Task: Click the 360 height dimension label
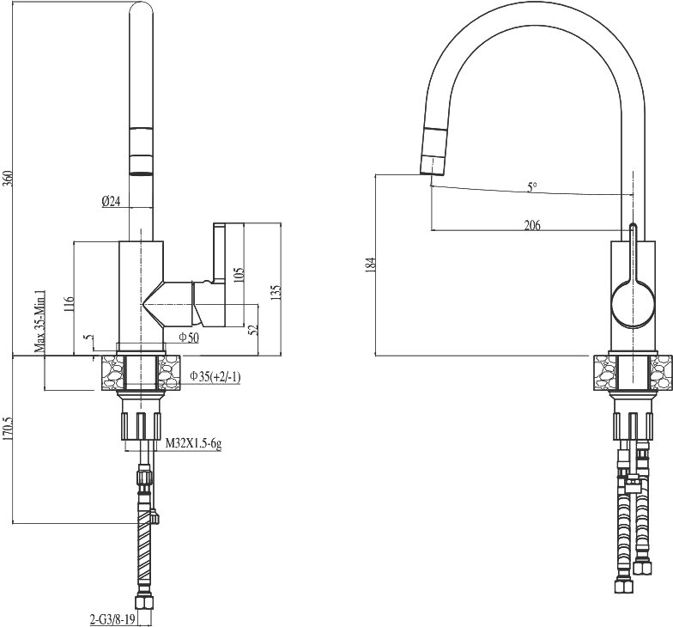click(x=9, y=178)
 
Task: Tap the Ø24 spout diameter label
click(x=112, y=201)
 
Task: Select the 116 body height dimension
click(x=70, y=304)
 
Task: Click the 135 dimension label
click(x=276, y=292)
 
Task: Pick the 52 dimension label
click(x=252, y=329)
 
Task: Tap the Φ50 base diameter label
click(x=189, y=338)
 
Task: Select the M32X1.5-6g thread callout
click(x=194, y=444)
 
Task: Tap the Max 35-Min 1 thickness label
click(x=39, y=320)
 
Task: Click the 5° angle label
click(x=532, y=187)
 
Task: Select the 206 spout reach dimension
click(x=532, y=225)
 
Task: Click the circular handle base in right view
click(x=634, y=303)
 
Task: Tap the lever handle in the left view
click(x=220, y=253)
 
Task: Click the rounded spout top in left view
click(x=141, y=9)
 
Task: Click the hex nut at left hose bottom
click(x=142, y=601)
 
